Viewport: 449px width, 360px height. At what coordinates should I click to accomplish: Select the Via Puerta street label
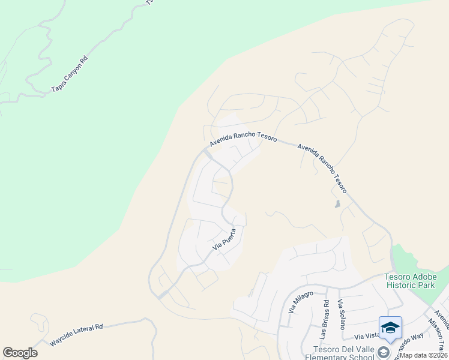click(224, 238)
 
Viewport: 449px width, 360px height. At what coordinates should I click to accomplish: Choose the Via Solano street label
click(341, 314)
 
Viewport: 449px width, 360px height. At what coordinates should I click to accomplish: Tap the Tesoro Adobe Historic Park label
click(410, 281)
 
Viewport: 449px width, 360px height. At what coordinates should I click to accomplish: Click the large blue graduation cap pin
click(390, 327)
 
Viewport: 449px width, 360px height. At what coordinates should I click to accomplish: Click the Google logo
click(20, 353)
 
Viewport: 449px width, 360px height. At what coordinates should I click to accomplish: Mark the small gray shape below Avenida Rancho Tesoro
click(337, 204)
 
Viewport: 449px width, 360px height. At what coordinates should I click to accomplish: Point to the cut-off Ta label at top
click(150, 2)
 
